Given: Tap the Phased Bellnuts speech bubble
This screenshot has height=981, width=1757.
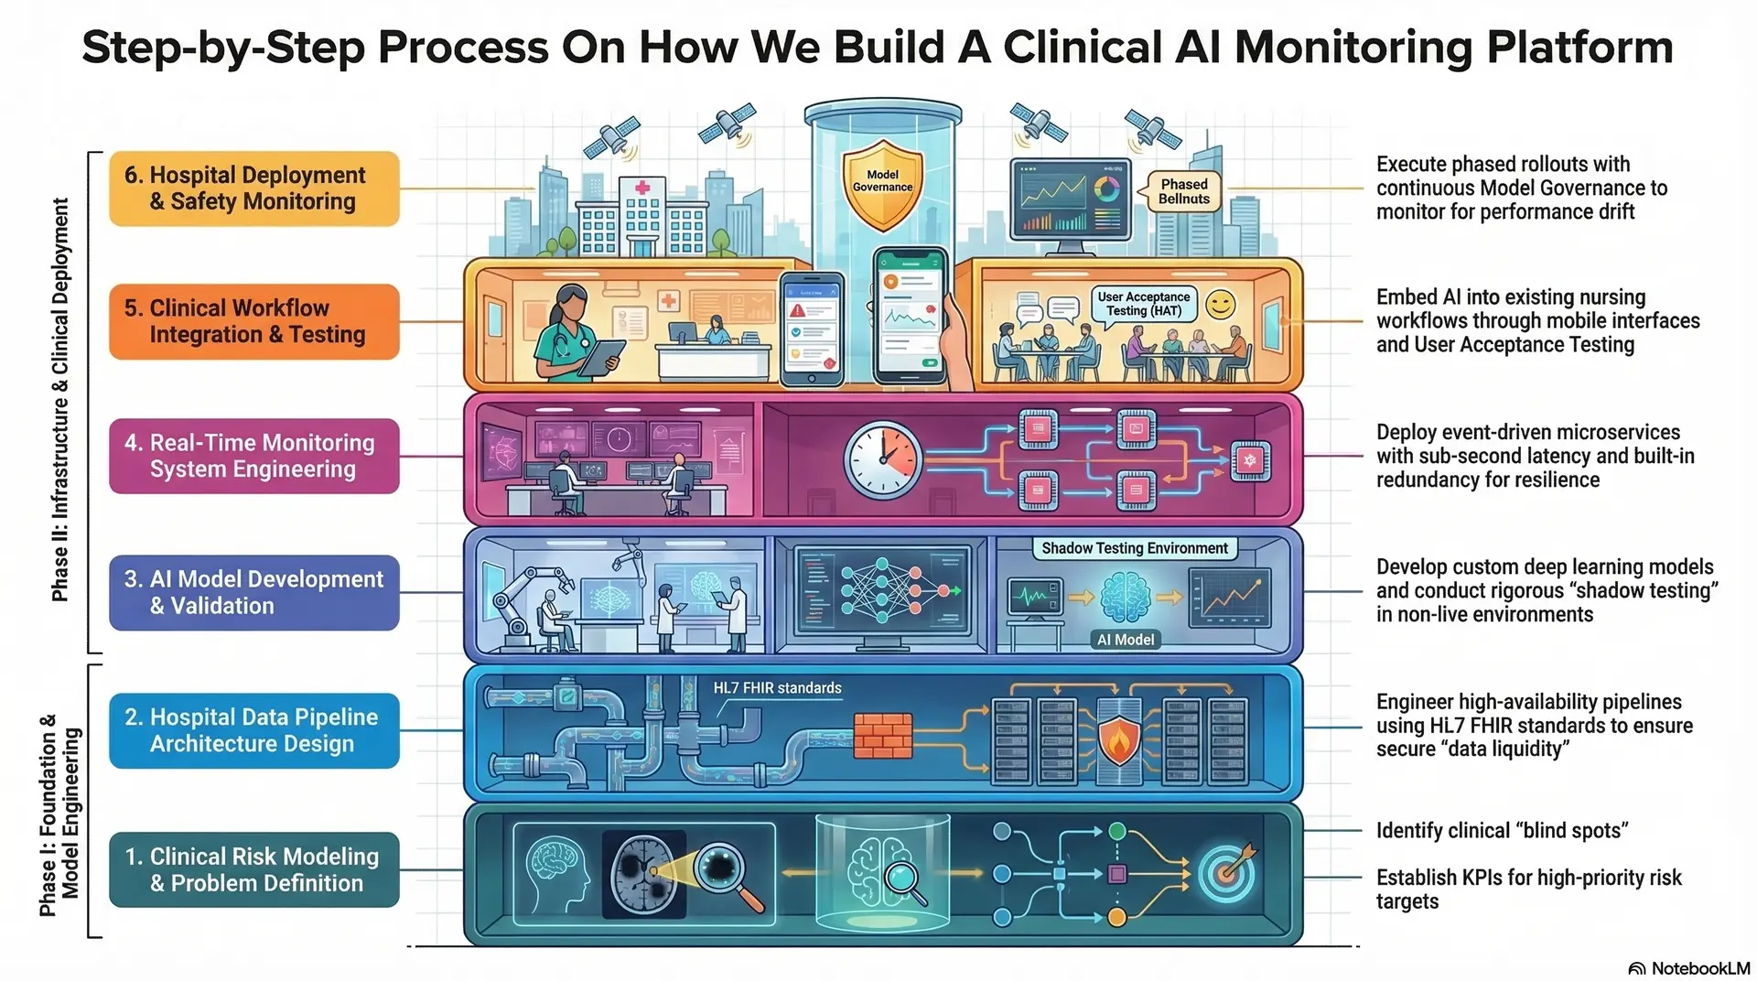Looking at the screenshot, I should (x=1183, y=191).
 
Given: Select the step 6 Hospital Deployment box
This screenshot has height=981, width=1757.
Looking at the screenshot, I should (x=254, y=189).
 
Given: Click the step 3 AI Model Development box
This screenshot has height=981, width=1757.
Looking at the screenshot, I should (x=254, y=592).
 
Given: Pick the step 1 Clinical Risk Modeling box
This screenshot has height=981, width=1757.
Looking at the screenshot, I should (x=254, y=869).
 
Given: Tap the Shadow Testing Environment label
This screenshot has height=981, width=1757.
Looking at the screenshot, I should (x=1134, y=548).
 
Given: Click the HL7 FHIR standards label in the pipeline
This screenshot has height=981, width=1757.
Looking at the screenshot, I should (x=777, y=688).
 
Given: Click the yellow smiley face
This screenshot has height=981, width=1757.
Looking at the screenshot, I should (x=1220, y=305).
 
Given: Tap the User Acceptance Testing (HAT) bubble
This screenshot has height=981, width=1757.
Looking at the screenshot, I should (x=1143, y=304).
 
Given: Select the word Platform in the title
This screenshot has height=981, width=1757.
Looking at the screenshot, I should (x=1579, y=48).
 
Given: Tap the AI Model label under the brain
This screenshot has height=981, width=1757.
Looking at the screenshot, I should (x=1125, y=640).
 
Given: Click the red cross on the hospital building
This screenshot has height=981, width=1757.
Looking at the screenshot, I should (x=642, y=188).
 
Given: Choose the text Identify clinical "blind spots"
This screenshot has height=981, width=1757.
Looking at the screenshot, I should (x=1501, y=831).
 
